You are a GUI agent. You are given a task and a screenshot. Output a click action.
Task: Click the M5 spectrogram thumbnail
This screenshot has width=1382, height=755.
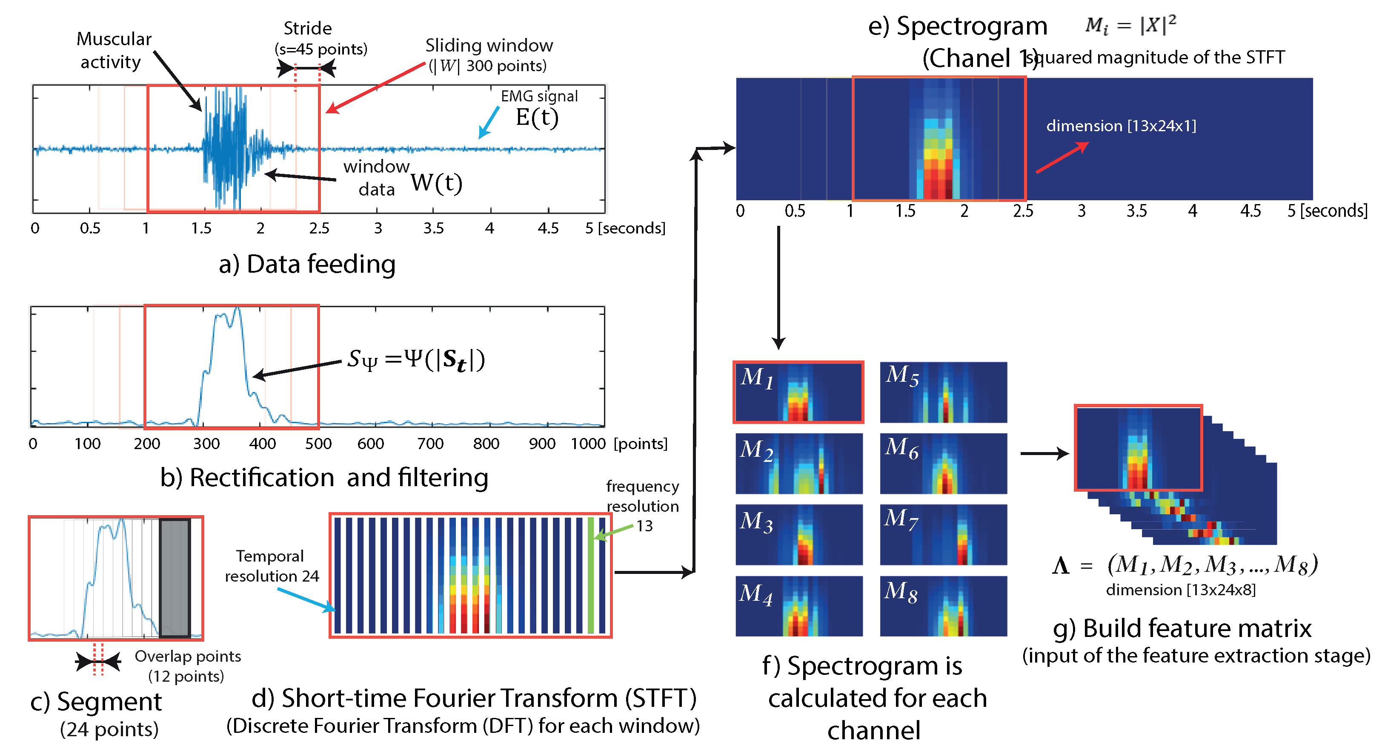click(x=943, y=392)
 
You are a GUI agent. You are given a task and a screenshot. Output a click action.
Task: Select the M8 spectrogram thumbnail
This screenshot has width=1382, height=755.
click(x=943, y=606)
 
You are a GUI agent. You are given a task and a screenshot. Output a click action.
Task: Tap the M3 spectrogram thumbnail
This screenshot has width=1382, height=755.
click(x=799, y=534)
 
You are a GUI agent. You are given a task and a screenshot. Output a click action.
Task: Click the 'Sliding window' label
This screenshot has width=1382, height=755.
click(x=489, y=46)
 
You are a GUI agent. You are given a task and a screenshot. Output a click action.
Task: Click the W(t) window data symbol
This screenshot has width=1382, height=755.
click(x=437, y=183)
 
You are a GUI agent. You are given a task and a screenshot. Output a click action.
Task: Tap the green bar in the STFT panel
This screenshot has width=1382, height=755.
click(x=591, y=575)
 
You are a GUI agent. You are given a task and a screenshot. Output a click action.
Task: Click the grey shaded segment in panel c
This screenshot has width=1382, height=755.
click(x=175, y=578)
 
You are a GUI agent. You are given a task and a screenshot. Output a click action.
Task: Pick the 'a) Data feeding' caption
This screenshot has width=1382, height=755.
click(x=307, y=264)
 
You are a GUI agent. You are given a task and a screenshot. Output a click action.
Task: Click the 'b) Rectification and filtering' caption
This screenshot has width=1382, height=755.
click(x=324, y=477)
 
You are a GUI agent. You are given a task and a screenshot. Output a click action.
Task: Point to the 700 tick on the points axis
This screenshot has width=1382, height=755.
click(x=430, y=444)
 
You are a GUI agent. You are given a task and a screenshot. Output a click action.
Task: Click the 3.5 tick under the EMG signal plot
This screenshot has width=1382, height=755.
click(x=433, y=228)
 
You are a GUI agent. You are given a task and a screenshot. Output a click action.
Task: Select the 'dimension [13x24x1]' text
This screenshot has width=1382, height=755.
click(x=1121, y=126)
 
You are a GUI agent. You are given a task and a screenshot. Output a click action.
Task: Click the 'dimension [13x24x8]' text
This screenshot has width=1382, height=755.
click(x=1180, y=590)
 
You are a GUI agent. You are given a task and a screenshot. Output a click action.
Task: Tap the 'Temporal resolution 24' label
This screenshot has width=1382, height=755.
click(x=272, y=566)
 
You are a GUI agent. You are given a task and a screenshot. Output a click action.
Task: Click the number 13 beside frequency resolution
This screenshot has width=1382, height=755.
click(x=644, y=526)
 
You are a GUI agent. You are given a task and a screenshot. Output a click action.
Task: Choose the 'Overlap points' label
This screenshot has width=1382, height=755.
click(x=187, y=656)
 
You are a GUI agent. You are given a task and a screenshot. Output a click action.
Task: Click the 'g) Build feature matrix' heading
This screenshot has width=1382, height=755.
click(x=1182, y=628)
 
